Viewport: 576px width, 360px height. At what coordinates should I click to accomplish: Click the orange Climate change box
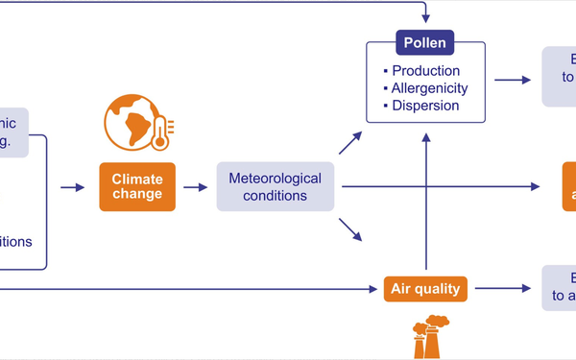tap(137, 186)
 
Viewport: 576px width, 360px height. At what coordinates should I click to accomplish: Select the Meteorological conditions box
tap(276, 186)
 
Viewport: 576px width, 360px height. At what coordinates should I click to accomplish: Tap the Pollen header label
tap(424, 43)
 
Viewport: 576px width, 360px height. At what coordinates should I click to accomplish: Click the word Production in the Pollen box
tap(426, 71)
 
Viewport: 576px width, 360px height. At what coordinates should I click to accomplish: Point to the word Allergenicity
tap(430, 88)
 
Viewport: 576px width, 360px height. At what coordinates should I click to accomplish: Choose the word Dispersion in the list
tap(426, 105)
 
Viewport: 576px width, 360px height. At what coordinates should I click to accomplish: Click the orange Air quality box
tap(423, 287)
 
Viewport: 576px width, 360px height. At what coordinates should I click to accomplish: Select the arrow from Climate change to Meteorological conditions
tap(195, 187)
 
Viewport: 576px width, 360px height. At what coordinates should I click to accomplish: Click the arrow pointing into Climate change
tap(72, 187)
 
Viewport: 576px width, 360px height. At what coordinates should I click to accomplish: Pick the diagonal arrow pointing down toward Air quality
tap(350, 230)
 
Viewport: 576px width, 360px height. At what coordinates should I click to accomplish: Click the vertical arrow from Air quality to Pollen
tap(423, 202)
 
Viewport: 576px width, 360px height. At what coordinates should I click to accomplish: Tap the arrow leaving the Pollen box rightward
tap(512, 80)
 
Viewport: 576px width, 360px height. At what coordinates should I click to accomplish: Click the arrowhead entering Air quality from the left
tap(375, 287)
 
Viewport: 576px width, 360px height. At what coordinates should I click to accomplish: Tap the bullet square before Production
tap(385, 71)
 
